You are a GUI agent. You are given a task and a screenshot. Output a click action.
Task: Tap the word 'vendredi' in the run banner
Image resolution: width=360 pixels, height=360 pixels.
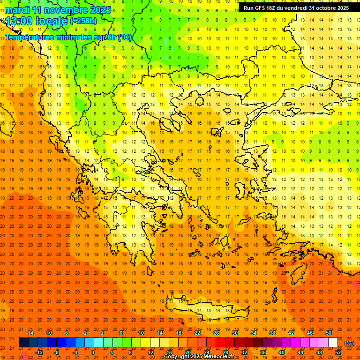pyautogui.click(x=293, y=8)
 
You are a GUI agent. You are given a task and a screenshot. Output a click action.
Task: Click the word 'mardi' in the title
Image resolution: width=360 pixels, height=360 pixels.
pyautogui.click(x=17, y=10)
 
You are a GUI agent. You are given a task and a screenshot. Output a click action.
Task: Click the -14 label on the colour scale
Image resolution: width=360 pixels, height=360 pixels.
pyautogui.click(x=30, y=332)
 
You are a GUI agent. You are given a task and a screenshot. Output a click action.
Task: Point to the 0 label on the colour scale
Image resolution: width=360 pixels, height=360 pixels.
pyautogui.click(x=92, y=352)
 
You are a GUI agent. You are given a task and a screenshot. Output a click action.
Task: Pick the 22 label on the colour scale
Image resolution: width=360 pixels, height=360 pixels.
pyautogui.click(x=197, y=332)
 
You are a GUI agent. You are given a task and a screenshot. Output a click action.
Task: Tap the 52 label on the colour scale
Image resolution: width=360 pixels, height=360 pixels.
pyautogui.click(x=338, y=352)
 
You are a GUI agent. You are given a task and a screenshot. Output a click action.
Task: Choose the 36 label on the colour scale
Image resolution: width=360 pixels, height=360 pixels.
pyautogui.click(x=263, y=352)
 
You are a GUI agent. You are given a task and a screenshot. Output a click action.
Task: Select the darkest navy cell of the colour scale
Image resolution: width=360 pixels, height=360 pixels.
pyautogui.click(x=23, y=343)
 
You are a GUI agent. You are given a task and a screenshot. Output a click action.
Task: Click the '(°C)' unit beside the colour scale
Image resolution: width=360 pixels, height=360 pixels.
pyautogui.click(x=349, y=343)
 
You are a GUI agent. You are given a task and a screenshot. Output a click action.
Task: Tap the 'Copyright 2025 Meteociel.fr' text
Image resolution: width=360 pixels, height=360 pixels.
pyautogui.click(x=199, y=357)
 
